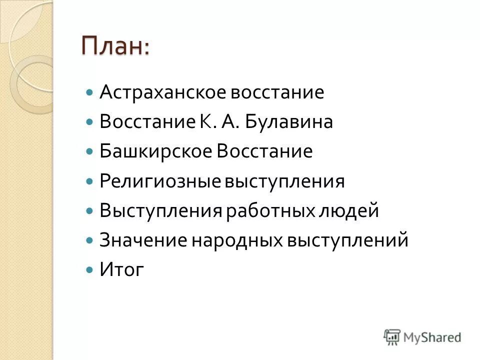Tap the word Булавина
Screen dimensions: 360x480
click(288, 122)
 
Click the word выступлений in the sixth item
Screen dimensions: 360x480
click(347, 240)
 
